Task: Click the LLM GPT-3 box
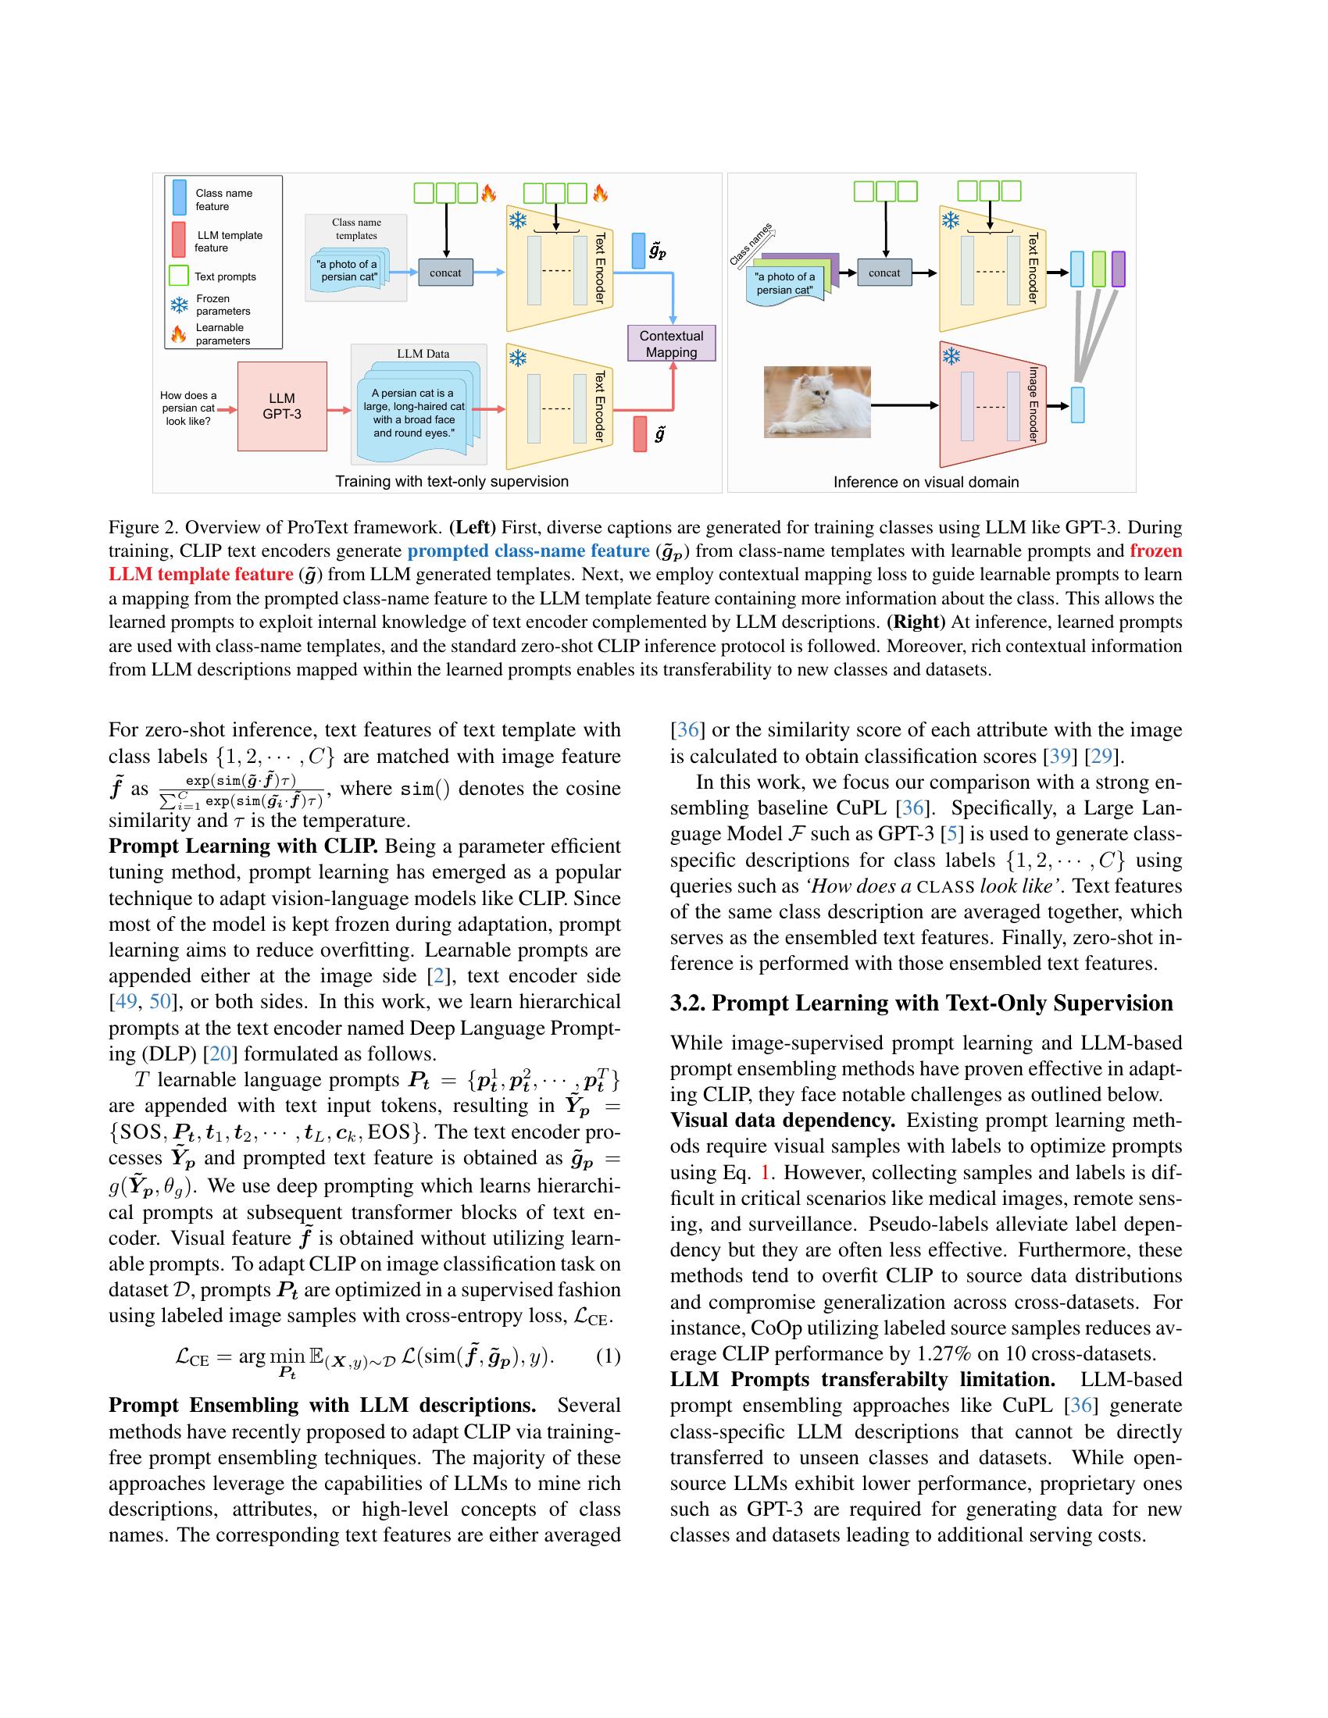tap(282, 406)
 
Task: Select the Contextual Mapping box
tap(671, 344)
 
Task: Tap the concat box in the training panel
tap(445, 273)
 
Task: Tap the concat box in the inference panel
tap(884, 273)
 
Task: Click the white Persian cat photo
tap(816, 401)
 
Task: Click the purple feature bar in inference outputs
tap(1118, 269)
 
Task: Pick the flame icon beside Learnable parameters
tap(179, 333)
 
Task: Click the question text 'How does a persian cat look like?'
tap(188, 408)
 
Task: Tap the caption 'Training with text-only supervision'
tap(452, 480)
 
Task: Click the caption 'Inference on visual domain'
tap(926, 481)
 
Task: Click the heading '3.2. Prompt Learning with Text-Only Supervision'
tap(920, 1003)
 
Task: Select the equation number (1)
tap(608, 1356)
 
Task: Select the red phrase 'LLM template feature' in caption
tap(201, 574)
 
